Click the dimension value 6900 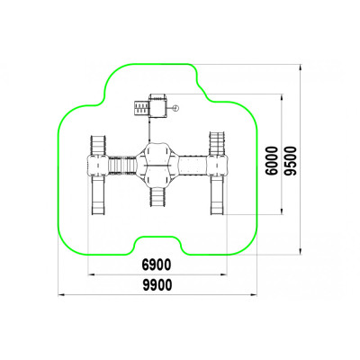[x=157, y=265]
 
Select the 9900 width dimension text [x=157, y=285]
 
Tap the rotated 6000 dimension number [x=272, y=160]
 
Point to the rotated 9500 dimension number [x=290, y=160]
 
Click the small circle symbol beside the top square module [x=176, y=108]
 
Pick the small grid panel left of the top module [x=141, y=108]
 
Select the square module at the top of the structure [x=157, y=106]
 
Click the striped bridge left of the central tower [x=122, y=165]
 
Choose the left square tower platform [x=97, y=166]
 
